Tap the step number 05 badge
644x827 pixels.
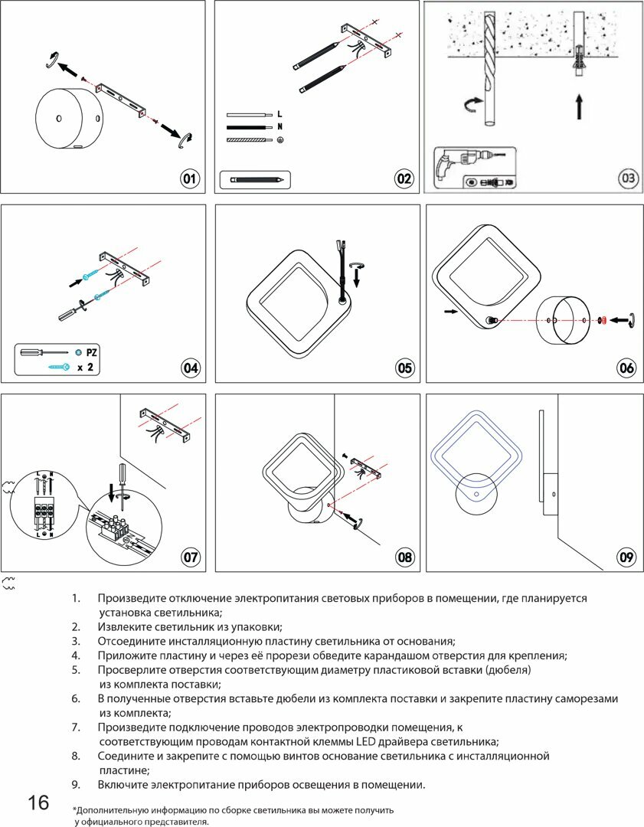pos(404,368)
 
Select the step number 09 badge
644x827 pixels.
pos(626,557)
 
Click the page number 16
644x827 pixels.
pos(38,802)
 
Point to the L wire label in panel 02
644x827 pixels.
pos(280,113)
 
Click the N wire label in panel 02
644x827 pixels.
pos(280,126)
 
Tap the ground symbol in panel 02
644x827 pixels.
pos(280,140)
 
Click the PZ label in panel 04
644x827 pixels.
pos(92,353)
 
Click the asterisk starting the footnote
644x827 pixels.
pos(74,810)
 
